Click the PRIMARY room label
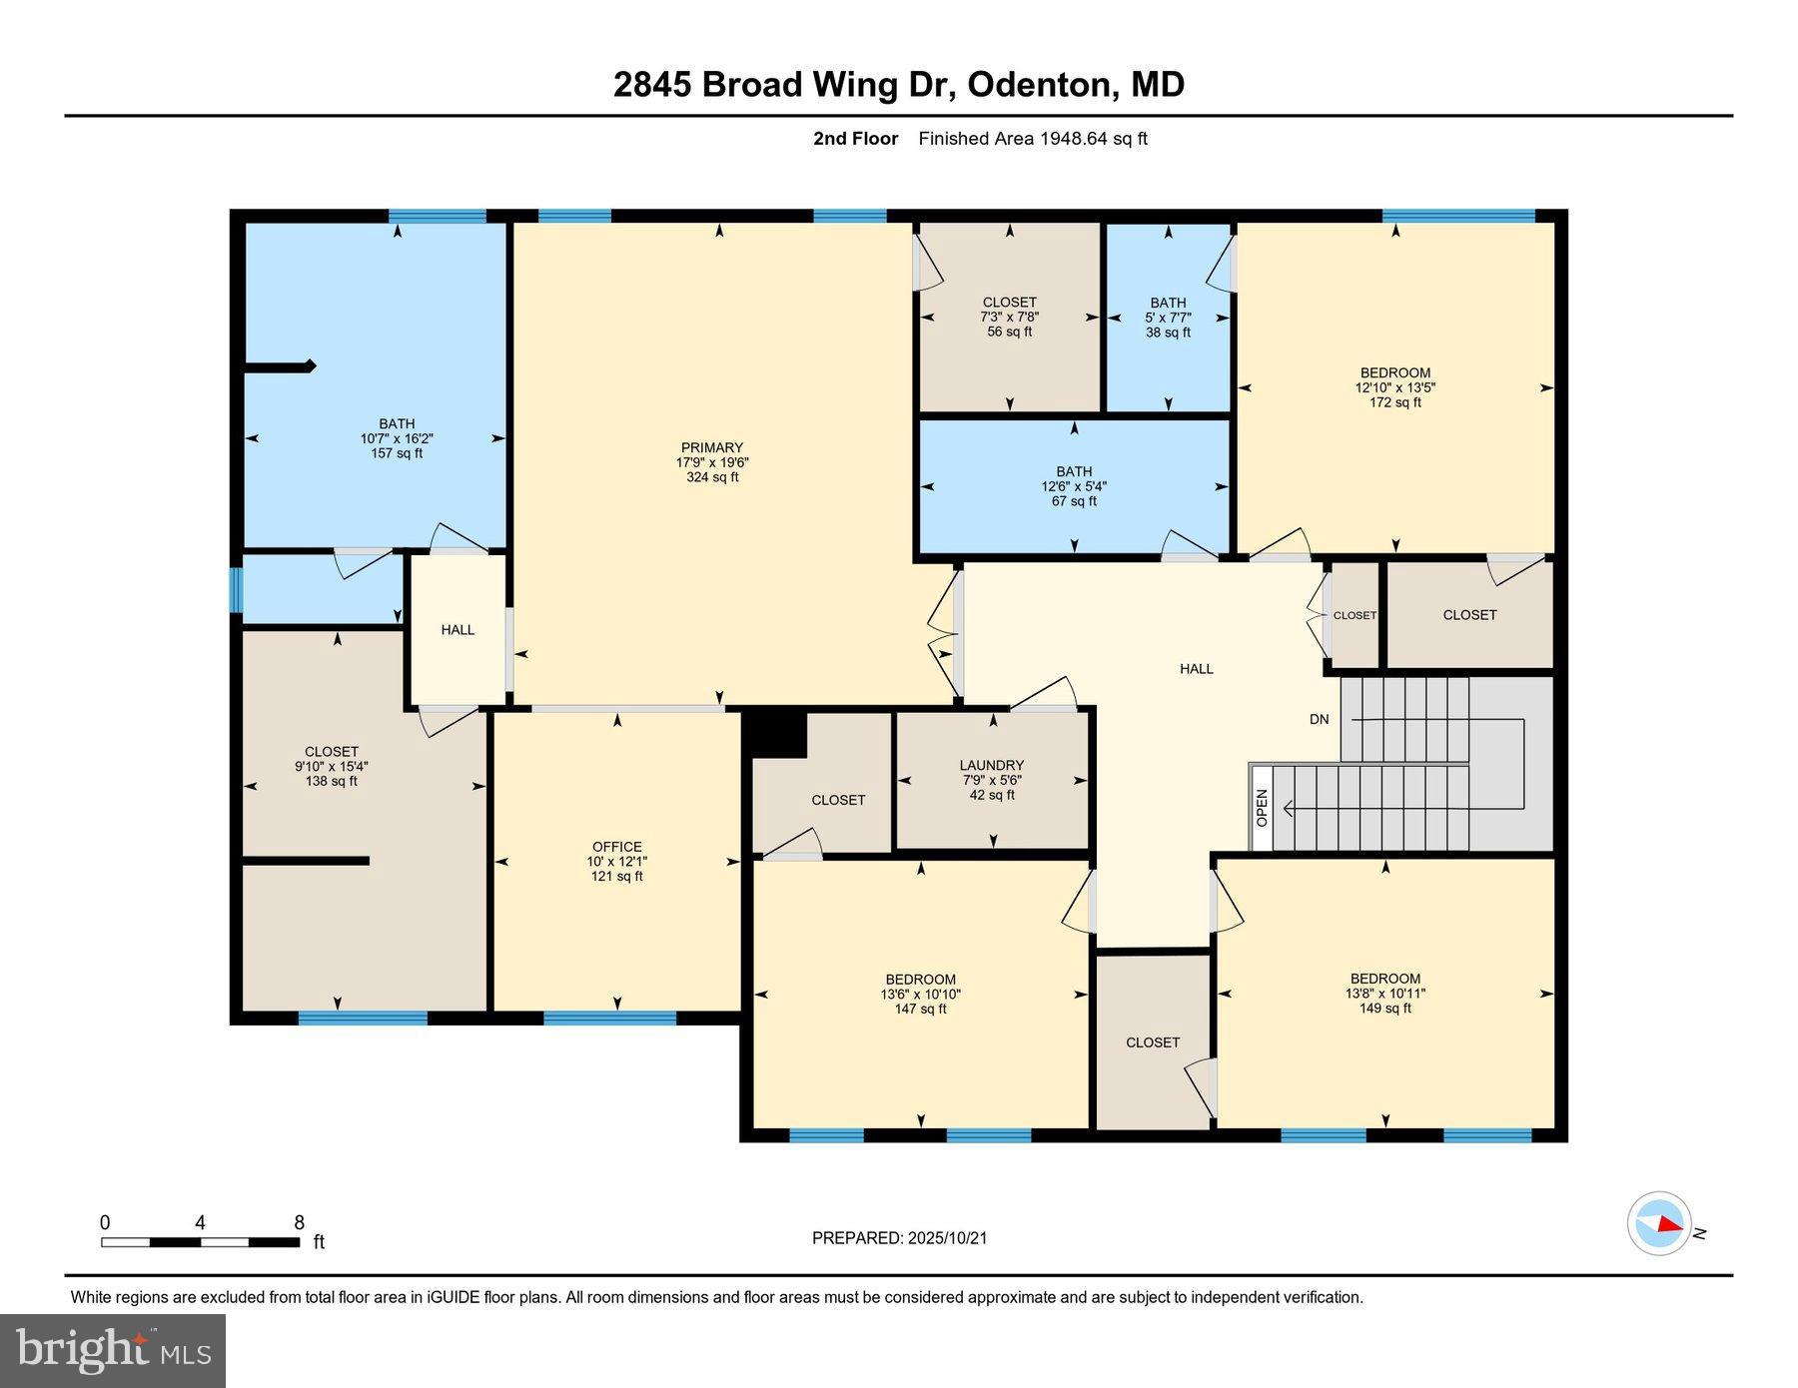pyautogui.click(x=712, y=448)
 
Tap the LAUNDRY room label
pyautogui.click(x=992, y=765)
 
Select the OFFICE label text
pyautogui.click(x=616, y=847)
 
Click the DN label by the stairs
pyautogui.click(x=1320, y=719)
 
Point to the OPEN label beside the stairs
pyautogui.click(x=1262, y=808)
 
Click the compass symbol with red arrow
pyautogui.click(x=1659, y=1223)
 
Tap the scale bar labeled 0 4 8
pyautogui.click(x=200, y=1242)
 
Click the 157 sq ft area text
pyautogui.click(x=397, y=453)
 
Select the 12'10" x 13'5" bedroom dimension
pyautogui.click(x=1395, y=387)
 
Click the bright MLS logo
pyautogui.click(x=113, y=1351)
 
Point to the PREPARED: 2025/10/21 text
pyautogui.click(x=899, y=1238)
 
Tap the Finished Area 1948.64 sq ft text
pyautogui.click(x=1033, y=139)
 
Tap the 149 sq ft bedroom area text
pyautogui.click(x=1384, y=1009)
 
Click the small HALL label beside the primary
pyautogui.click(x=457, y=630)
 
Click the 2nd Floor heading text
pyautogui.click(x=855, y=139)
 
